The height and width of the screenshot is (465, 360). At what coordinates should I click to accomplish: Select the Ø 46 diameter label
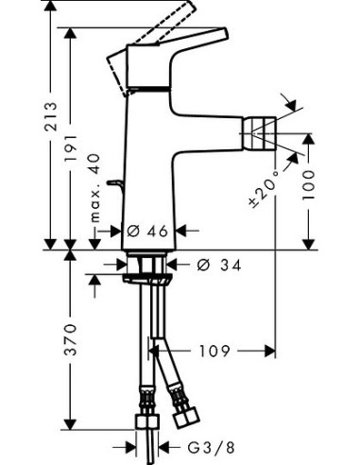149,229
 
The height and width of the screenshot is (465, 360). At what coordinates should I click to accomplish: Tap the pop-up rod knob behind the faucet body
116,181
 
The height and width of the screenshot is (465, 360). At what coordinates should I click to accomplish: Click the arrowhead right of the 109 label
268,352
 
